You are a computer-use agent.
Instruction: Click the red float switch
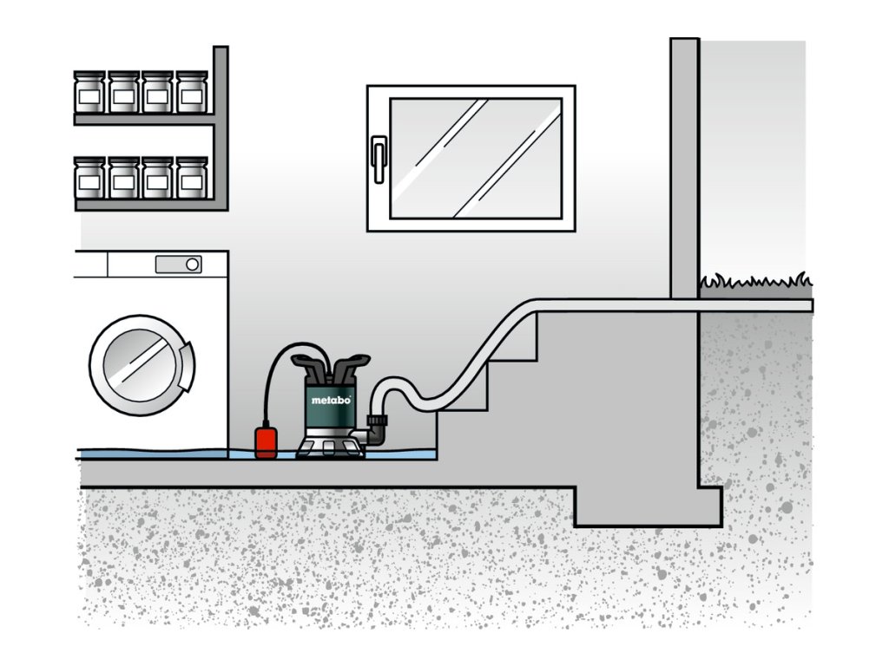coord(265,441)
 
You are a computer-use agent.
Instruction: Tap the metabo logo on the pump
coord(330,399)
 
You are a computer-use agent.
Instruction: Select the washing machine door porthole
coord(139,363)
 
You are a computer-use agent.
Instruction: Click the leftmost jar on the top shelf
coord(89,92)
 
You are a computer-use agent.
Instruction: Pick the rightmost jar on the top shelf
coord(192,92)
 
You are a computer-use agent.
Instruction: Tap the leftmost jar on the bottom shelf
coord(89,178)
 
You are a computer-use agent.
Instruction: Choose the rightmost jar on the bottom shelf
coord(192,178)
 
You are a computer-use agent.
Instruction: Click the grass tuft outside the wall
coord(755,281)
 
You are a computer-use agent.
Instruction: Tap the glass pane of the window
coord(475,158)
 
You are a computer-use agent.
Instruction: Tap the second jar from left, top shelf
coord(123,92)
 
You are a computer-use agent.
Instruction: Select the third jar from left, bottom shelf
coord(157,178)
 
